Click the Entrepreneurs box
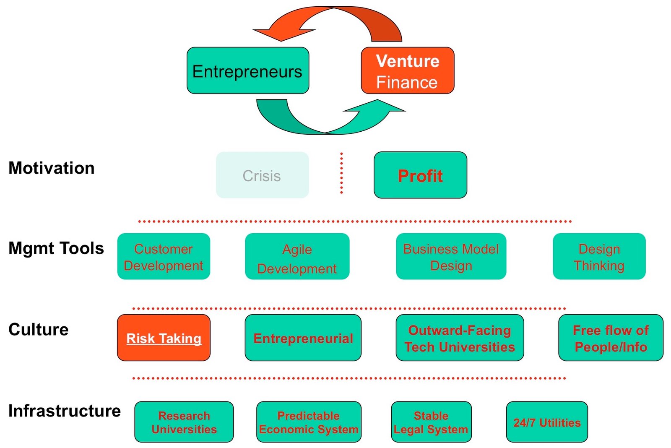248,70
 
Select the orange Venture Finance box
407,70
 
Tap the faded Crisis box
262,175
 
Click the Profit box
420,175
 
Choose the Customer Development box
164,256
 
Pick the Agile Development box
297,256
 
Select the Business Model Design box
451,256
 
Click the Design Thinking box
599,256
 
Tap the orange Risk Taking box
164,338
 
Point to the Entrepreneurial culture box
303,338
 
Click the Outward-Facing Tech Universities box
460,338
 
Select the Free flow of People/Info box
611,338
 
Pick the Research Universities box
184,422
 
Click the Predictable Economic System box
309,422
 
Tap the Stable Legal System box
431,422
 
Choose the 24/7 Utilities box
547,422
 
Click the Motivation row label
52,168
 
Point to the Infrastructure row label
65,411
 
